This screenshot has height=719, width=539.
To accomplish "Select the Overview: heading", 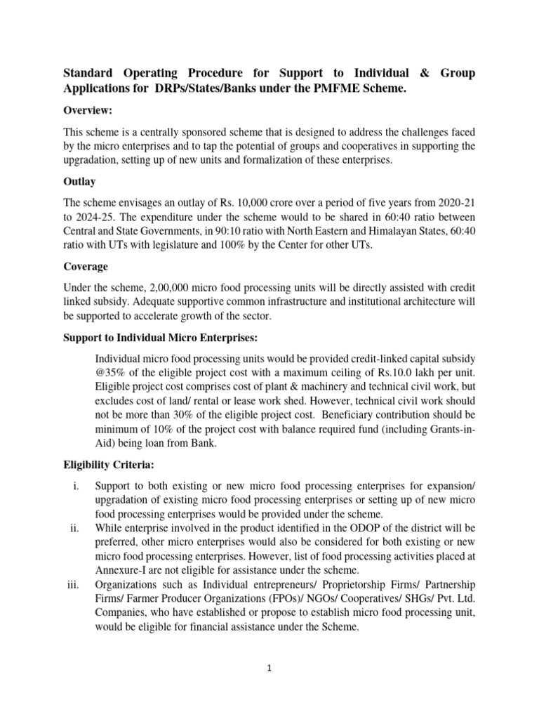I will point(89,111).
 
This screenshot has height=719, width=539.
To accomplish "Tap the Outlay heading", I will point(80,181).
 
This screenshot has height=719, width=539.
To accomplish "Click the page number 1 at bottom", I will point(269,668).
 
